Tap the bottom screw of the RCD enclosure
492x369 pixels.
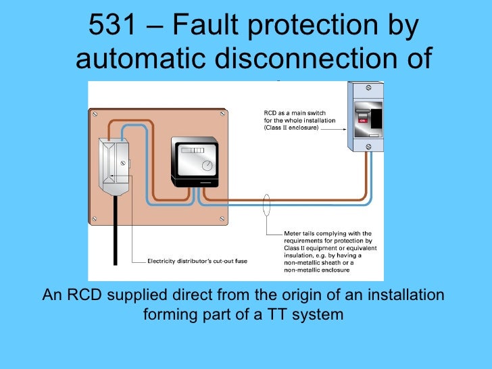[x=367, y=146]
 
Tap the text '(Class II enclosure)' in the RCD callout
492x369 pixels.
[x=291, y=126]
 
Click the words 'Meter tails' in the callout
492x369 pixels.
[x=298, y=233]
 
